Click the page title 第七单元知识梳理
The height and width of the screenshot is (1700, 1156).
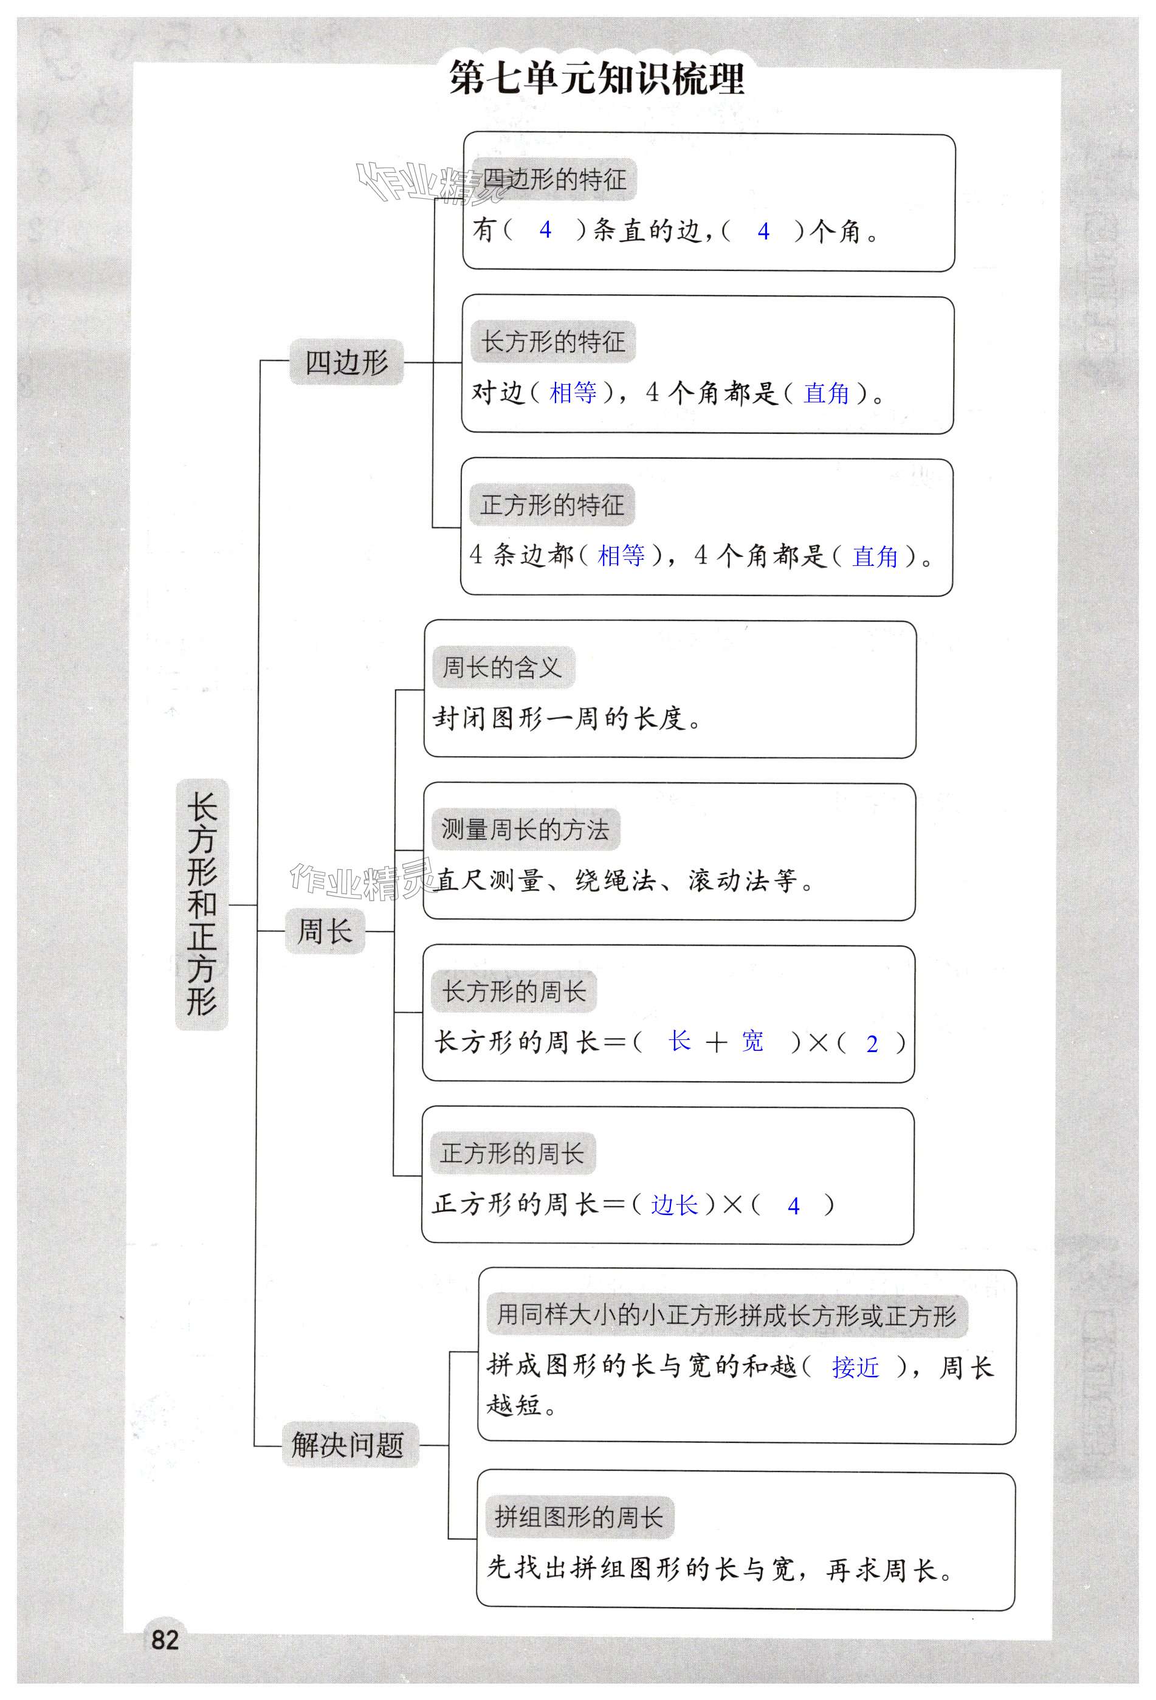click(596, 78)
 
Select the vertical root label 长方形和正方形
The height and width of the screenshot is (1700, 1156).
click(202, 904)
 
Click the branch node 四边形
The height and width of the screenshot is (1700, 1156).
click(346, 362)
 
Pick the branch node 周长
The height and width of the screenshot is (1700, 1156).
click(324, 931)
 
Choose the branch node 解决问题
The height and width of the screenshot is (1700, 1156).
click(348, 1445)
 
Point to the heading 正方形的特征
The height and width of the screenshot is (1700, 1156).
click(552, 504)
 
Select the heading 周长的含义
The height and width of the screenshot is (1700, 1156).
click(502, 667)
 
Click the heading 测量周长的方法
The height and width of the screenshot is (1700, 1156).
click(525, 830)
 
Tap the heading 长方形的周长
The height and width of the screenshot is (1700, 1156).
click(514, 992)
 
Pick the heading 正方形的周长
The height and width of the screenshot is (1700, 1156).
click(512, 1154)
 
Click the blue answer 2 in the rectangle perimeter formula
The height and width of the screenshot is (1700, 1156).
click(872, 1044)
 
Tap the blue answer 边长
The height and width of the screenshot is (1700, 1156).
click(674, 1205)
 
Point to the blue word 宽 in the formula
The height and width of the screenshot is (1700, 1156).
click(752, 1041)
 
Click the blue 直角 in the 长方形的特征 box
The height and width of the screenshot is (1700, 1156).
click(826, 393)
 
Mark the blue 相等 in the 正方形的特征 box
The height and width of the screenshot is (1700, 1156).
click(621, 556)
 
